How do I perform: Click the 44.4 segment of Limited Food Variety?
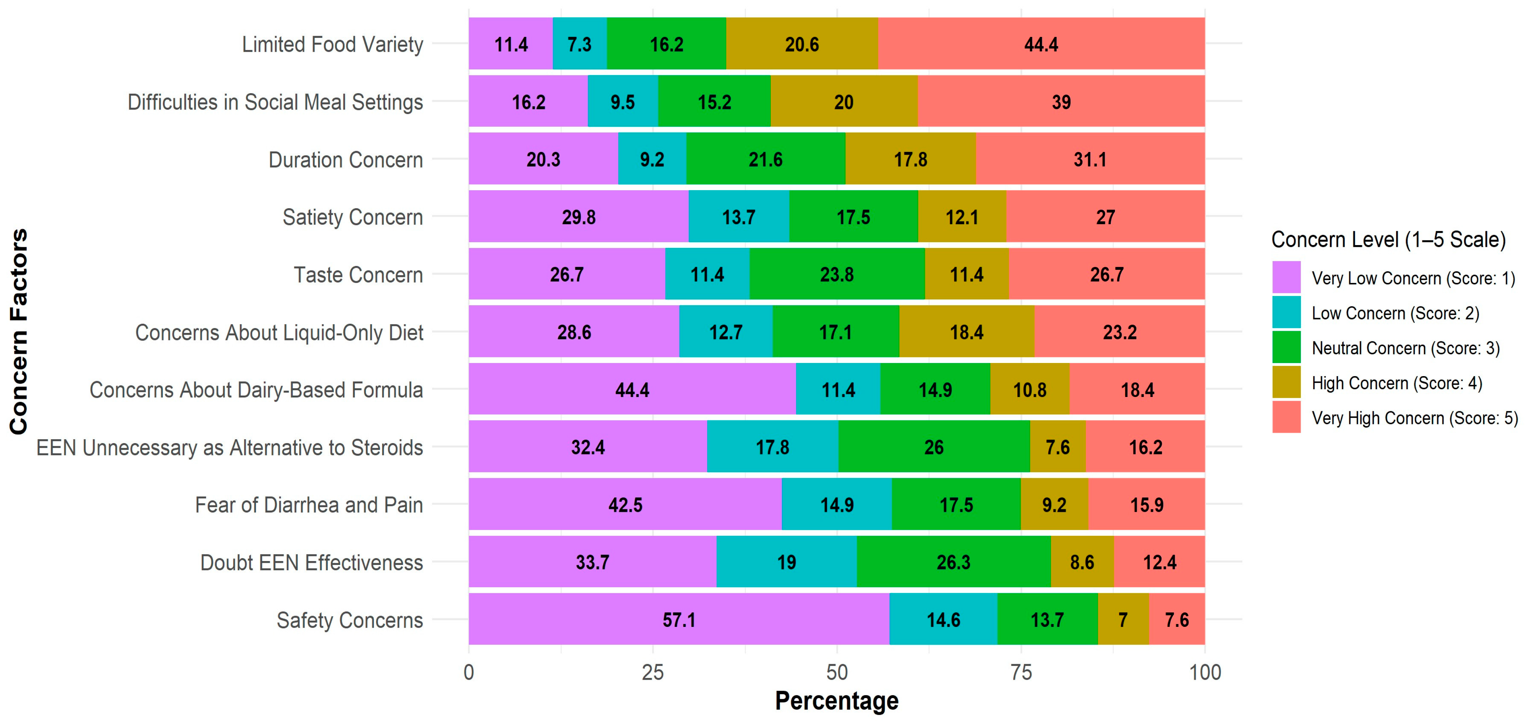coord(1041,44)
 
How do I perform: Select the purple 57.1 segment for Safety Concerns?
coord(679,619)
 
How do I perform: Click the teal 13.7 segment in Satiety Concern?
coord(738,217)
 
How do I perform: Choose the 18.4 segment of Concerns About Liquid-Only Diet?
coord(967,332)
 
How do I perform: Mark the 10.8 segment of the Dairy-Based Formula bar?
coord(1029,390)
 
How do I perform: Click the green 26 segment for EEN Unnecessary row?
coord(933,447)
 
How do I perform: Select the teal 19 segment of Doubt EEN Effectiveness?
coord(786,562)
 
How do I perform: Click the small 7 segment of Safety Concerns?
coord(1123,619)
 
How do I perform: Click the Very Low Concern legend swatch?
coord(1286,277)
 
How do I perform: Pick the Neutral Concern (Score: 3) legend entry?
coord(1405,348)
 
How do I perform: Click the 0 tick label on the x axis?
coord(469,673)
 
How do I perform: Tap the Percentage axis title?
coord(836,701)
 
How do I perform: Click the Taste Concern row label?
coord(358,275)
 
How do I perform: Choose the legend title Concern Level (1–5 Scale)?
coord(1388,239)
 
